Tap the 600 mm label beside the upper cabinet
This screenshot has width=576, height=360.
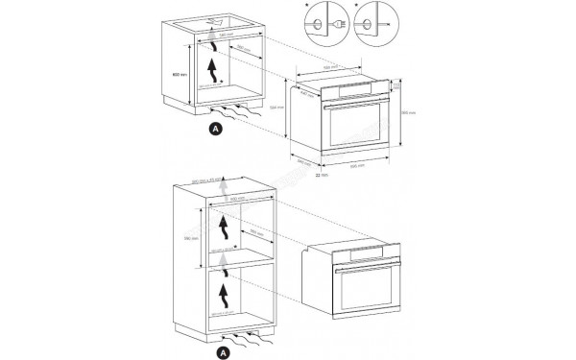coord(177,74)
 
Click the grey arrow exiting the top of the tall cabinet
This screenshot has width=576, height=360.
coord(221,189)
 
